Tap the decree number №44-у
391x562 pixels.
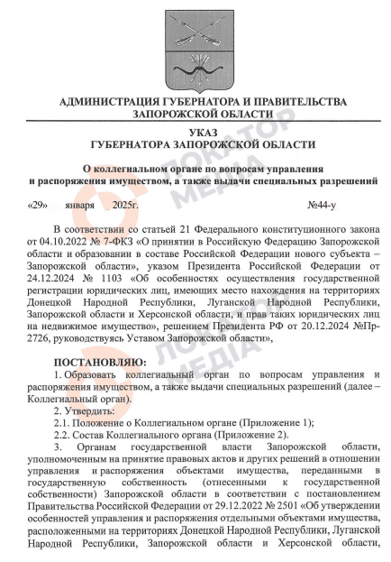[347, 205]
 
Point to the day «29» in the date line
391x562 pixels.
[39, 205]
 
